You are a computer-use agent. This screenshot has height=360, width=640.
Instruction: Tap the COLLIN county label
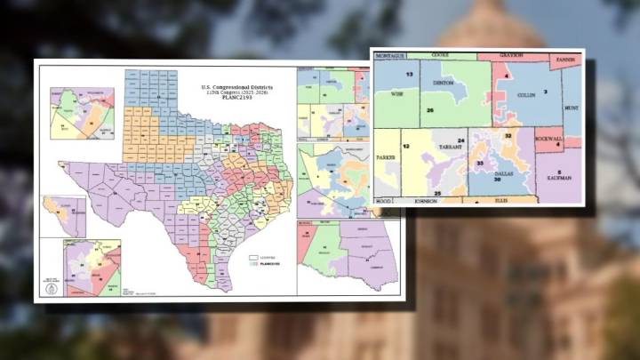pyautogui.click(x=527, y=93)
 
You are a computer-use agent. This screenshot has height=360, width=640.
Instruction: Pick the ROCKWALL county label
pyautogui.click(x=549, y=137)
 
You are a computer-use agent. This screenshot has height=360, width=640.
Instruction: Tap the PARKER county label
pyautogui.click(x=387, y=159)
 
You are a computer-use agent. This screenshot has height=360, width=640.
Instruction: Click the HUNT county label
pyautogui.click(x=570, y=108)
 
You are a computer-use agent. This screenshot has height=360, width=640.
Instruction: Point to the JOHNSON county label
pyautogui.click(x=424, y=202)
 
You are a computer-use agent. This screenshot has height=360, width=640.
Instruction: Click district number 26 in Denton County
pyautogui.click(x=429, y=109)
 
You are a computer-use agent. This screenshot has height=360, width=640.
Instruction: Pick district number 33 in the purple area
pyautogui.click(x=480, y=164)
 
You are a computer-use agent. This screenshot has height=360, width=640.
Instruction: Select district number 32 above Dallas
pyautogui.click(x=508, y=136)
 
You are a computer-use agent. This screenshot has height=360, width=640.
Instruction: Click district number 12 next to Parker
pyautogui.click(x=404, y=144)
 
